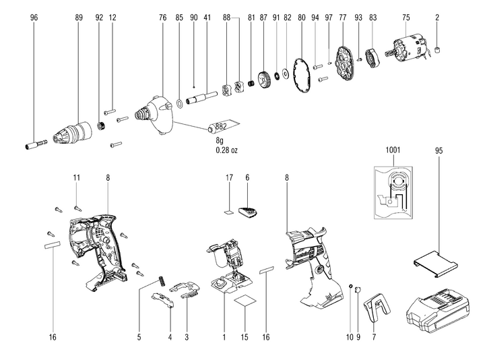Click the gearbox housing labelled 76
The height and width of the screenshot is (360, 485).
pos(156,113)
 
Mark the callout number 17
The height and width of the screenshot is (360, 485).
pos(229,177)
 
